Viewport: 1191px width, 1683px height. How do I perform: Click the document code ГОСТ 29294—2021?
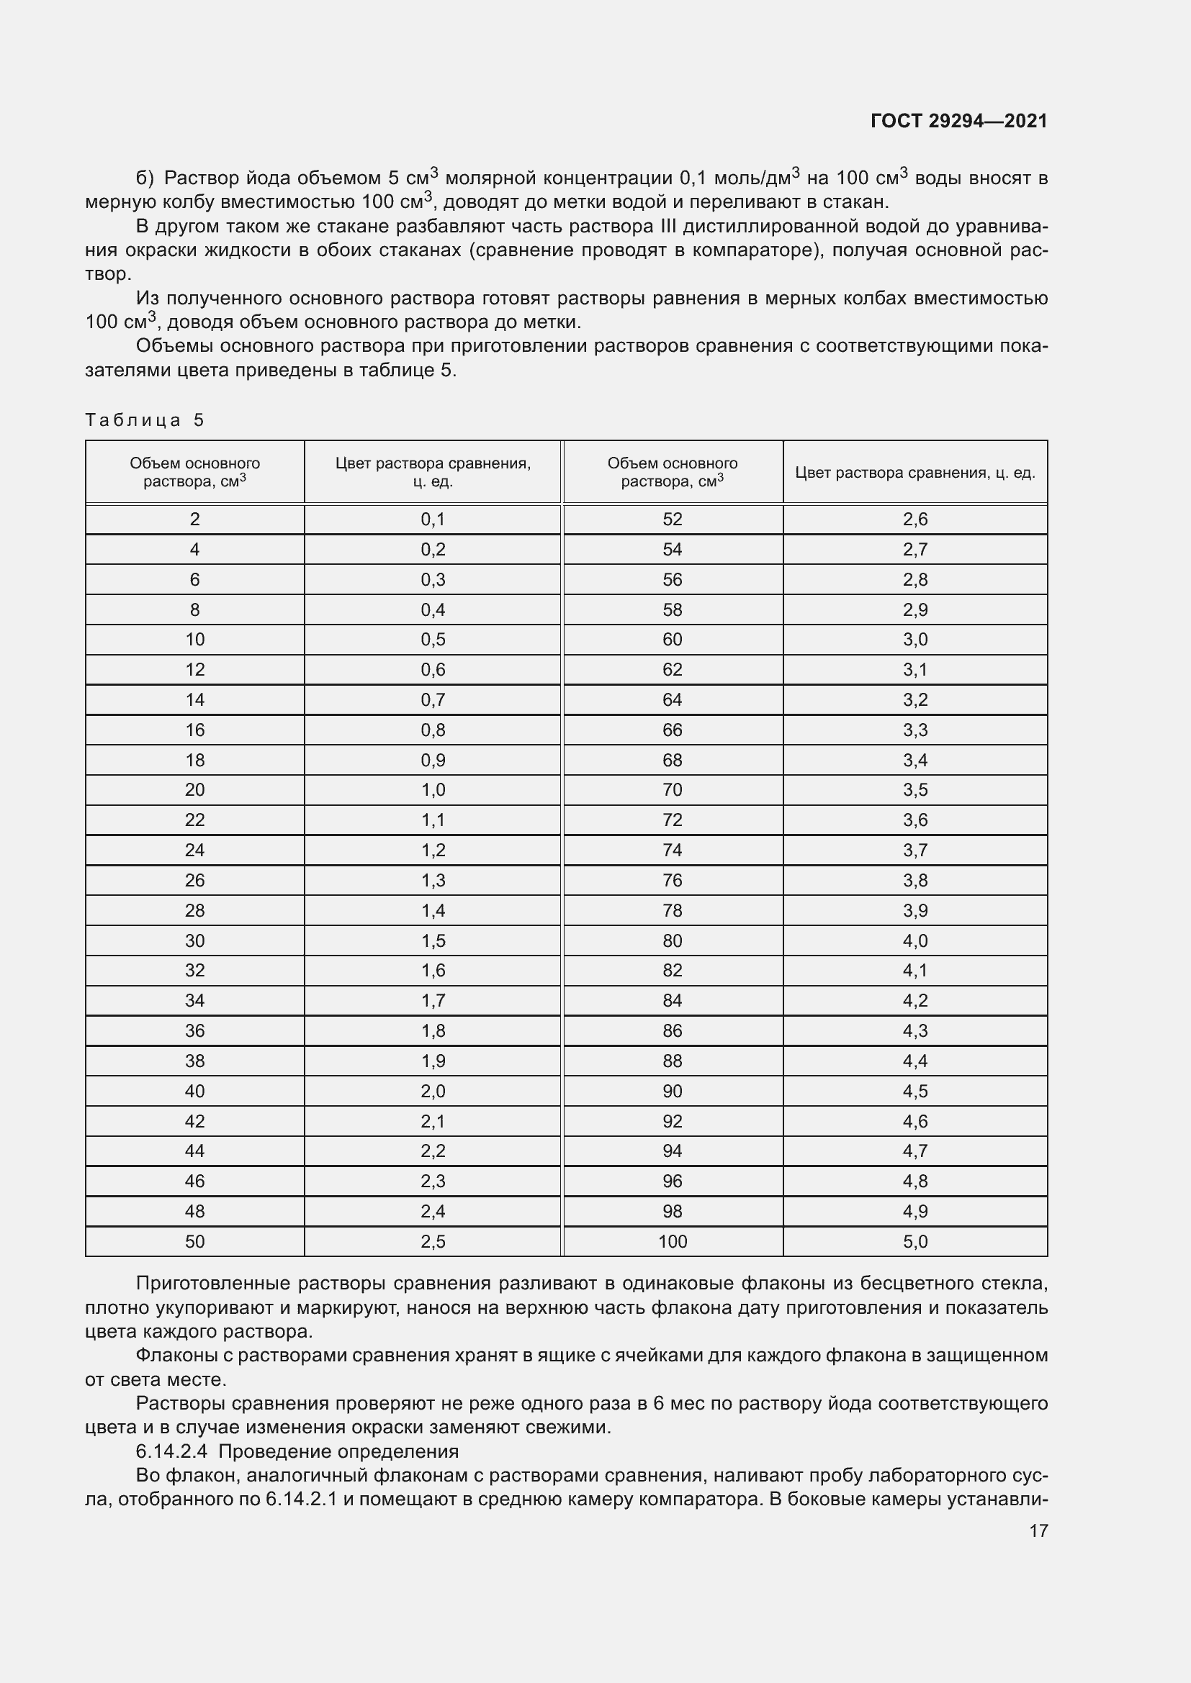[958, 121]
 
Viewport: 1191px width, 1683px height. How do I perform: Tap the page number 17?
[1038, 1530]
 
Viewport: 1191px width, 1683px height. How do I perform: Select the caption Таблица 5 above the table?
[145, 420]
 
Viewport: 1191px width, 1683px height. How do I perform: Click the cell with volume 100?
[672, 1242]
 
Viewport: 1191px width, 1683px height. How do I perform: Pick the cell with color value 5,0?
[914, 1242]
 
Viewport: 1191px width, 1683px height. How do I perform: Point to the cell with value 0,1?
[433, 520]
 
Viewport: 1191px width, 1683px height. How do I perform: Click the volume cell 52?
[672, 520]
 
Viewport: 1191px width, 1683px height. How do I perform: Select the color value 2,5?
[433, 1242]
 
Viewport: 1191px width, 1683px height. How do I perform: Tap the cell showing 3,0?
[914, 640]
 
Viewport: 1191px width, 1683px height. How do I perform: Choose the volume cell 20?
[194, 790]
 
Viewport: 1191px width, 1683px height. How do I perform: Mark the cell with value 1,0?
[433, 790]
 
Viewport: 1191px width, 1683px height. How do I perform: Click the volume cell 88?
[672, 1061]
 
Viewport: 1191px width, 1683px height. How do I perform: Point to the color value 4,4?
[914, 1061]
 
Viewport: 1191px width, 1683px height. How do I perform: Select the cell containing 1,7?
[433, 1001]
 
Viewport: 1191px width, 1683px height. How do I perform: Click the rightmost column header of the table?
[914, 473]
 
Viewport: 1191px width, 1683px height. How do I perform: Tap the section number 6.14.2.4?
[173, 1451]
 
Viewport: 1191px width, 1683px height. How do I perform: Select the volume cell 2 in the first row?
[194, 520]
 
